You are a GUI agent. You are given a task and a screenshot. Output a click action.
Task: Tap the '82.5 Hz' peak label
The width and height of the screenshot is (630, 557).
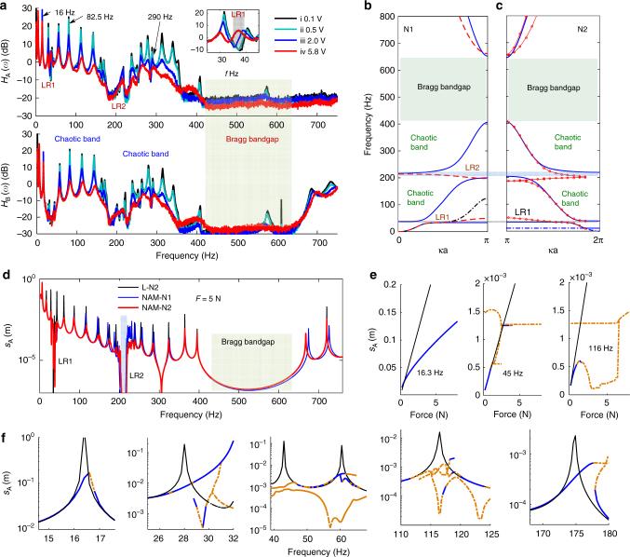[105, 17]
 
